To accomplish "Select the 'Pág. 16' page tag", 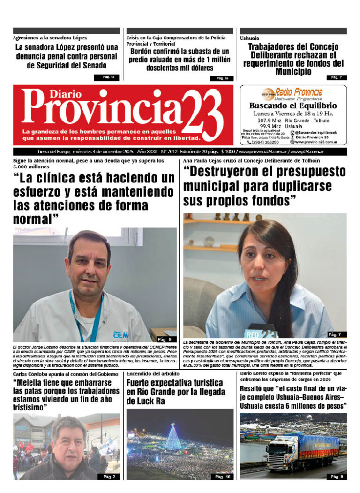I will (x=222, y=78).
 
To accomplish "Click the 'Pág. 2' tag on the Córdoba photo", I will (x=109, y=477).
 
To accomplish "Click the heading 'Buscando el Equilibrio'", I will (x=292, y=106).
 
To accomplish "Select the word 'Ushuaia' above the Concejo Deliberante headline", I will (x=249, y=38).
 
